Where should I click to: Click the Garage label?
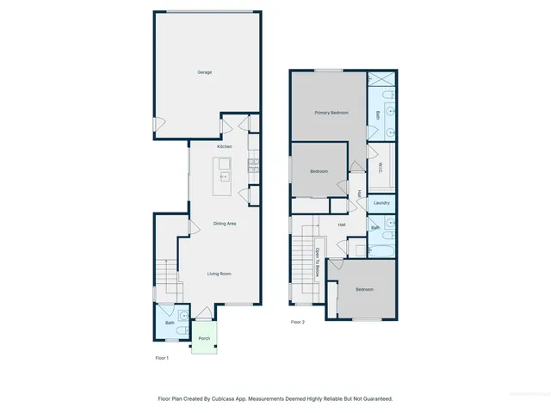[204, 72]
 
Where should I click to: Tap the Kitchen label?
[224, 146]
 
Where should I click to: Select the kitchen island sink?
[224, 176]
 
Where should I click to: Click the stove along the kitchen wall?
[253, 163]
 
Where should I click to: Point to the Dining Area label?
[225, 224]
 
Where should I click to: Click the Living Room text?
[220, 274]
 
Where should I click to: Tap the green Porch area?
[204, 338]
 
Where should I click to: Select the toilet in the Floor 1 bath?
[182, 330]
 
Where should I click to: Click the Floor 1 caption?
[162, 357]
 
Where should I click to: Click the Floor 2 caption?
[298, 322]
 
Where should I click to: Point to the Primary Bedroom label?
[331, 113]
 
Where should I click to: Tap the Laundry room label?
[381, 203]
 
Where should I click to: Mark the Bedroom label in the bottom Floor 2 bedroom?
[365, 289]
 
